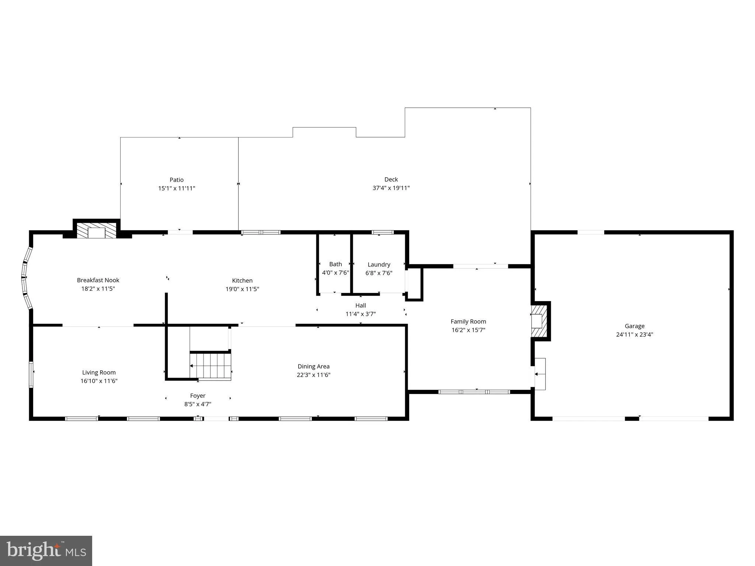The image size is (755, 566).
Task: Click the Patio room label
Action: point(177,180)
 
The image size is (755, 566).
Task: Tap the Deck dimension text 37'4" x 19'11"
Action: point(391,188)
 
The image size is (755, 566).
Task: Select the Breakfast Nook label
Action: point(98,280)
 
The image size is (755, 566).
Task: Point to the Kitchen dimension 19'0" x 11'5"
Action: point(242,289)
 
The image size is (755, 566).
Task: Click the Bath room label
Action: point(335,264)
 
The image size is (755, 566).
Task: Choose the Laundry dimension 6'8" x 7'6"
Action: point(379,273)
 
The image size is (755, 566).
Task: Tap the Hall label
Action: point(361,305)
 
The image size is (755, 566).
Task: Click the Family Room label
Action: point(468,322)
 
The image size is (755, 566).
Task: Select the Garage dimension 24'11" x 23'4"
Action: point(634,335)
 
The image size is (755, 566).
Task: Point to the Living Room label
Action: point(99,373)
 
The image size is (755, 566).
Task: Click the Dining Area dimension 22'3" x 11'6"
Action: point(314,375)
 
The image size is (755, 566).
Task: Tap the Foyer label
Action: point(198,396)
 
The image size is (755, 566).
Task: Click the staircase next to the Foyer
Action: point(211,366)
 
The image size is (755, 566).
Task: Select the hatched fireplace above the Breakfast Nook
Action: point(97,230)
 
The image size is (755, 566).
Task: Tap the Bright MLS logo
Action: point(46,551)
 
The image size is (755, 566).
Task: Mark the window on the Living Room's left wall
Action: point(31,374)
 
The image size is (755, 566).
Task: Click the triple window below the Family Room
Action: point(474,392)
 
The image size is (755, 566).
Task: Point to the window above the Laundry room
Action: point(383,233)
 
